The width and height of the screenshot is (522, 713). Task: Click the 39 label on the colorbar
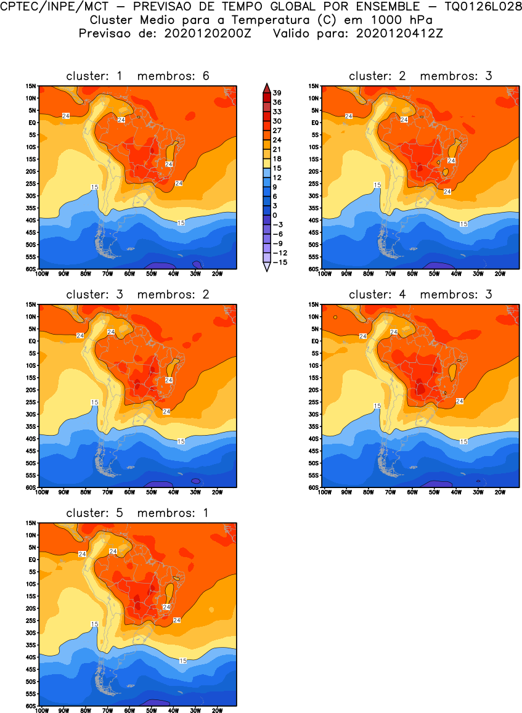click(x=277, y=92)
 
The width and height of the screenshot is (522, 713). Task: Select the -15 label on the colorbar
click(x=278, y=262)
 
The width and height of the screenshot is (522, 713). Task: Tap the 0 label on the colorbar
click(x=275, y=215)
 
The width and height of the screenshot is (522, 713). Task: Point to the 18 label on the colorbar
click(x=277, y=158)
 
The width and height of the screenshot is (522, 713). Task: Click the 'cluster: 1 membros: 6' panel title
click(x=138, y=76)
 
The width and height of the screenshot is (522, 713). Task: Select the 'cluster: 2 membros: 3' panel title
click(x=420, y=76)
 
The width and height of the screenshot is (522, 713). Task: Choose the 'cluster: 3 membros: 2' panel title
click(x=138, y=295)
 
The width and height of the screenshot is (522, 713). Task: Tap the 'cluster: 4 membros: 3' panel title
click(x=420, y=295)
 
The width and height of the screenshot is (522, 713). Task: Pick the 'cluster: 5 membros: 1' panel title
click(x=138, y=513)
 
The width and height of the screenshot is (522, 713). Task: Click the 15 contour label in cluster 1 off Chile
click(x=95, y=187)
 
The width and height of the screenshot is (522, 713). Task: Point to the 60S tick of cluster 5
click(x=31, y=706)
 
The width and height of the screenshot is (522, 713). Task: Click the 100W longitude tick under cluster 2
click(x=325, y=274)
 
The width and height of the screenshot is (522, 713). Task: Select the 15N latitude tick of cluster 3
click(x=31, y=304)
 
